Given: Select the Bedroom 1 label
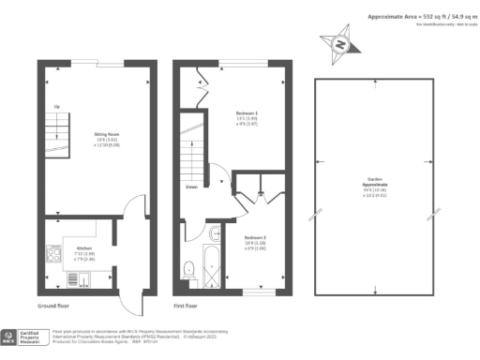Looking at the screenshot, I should click(247, 117).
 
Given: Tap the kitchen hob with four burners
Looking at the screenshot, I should click(52, 253).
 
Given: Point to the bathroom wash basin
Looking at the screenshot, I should click(215, 233).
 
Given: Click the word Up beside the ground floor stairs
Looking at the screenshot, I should click(57, 107).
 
